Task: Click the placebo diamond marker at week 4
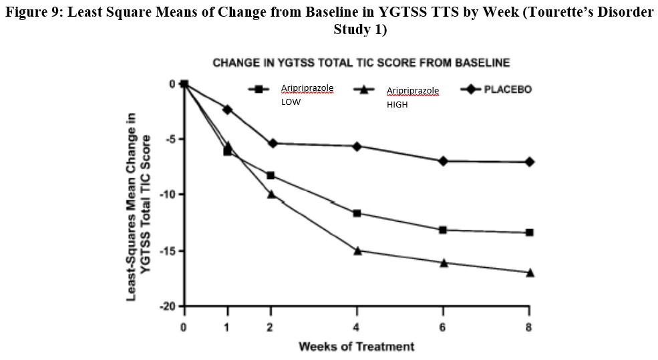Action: [x=357, y=146]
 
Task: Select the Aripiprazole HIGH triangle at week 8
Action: [x=530, y=273]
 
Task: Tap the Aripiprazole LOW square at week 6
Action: [x=444, y=230]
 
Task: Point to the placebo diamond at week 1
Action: [x=228, y=109]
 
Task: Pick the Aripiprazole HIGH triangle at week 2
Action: [x=271, y=194]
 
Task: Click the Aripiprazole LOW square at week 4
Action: [x=357, y=213]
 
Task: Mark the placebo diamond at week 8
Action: [x=530, y=162]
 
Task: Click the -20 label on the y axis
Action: [x=168, y=307]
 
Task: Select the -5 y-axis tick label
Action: [x=170, y=139]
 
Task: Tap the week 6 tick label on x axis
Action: [x=444, y=328]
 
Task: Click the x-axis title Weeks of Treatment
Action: [x=356, y=346]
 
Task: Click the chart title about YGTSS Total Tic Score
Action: [x=361, y=63]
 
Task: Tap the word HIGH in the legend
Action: [x=397, y=104]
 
